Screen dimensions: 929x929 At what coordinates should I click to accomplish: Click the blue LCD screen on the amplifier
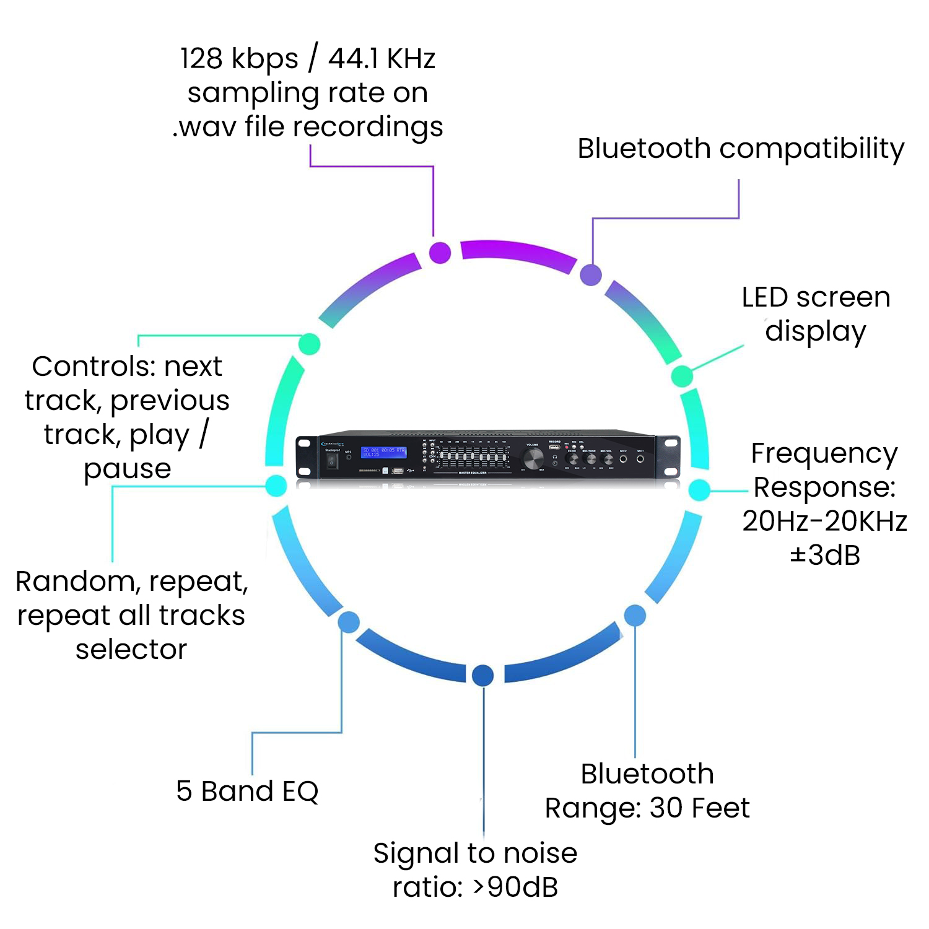[x=383, y=452]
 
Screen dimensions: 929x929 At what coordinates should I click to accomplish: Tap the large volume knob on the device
[x=533, y=459]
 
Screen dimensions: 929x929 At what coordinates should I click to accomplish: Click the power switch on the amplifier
[x=333, y=461]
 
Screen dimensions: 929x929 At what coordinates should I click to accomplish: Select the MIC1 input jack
[x=640, y=459]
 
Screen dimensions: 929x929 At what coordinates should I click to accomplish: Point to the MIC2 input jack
[x=623, y=459]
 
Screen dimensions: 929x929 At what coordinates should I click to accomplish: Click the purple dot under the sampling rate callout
[x=440, y=253]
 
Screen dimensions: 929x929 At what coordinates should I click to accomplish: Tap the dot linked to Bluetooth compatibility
[x=591, y=274]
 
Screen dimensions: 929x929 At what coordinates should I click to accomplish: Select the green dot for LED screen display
[x=682, y=375]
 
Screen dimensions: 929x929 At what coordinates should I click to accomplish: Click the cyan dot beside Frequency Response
[x=699, y=489]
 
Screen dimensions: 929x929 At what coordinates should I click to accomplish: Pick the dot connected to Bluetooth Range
[x=635, y=615]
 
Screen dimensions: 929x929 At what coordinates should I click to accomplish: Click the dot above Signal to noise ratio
[x=482, y=675]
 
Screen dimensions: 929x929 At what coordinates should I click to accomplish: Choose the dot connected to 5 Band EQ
[x=349, y=622]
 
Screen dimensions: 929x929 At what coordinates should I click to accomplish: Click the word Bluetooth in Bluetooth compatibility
[x=644, y=149]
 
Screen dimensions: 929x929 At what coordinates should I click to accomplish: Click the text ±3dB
[x=825, y=555]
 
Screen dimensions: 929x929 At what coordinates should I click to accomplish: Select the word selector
[x=131, y=649]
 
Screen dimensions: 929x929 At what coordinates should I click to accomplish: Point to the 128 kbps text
[x=239, y=59]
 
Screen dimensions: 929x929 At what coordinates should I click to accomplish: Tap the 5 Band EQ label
[x=247, y=791]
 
